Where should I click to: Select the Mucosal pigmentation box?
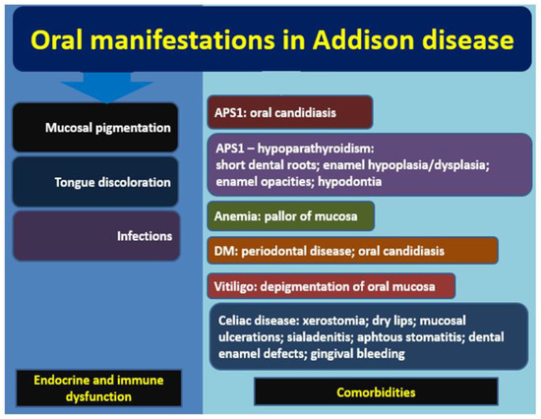click(x=105, y=127)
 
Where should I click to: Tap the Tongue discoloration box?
click(x=105, y=181)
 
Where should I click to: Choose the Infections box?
click(x=105, y=236)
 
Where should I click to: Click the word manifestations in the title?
click(x=209, y=41)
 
